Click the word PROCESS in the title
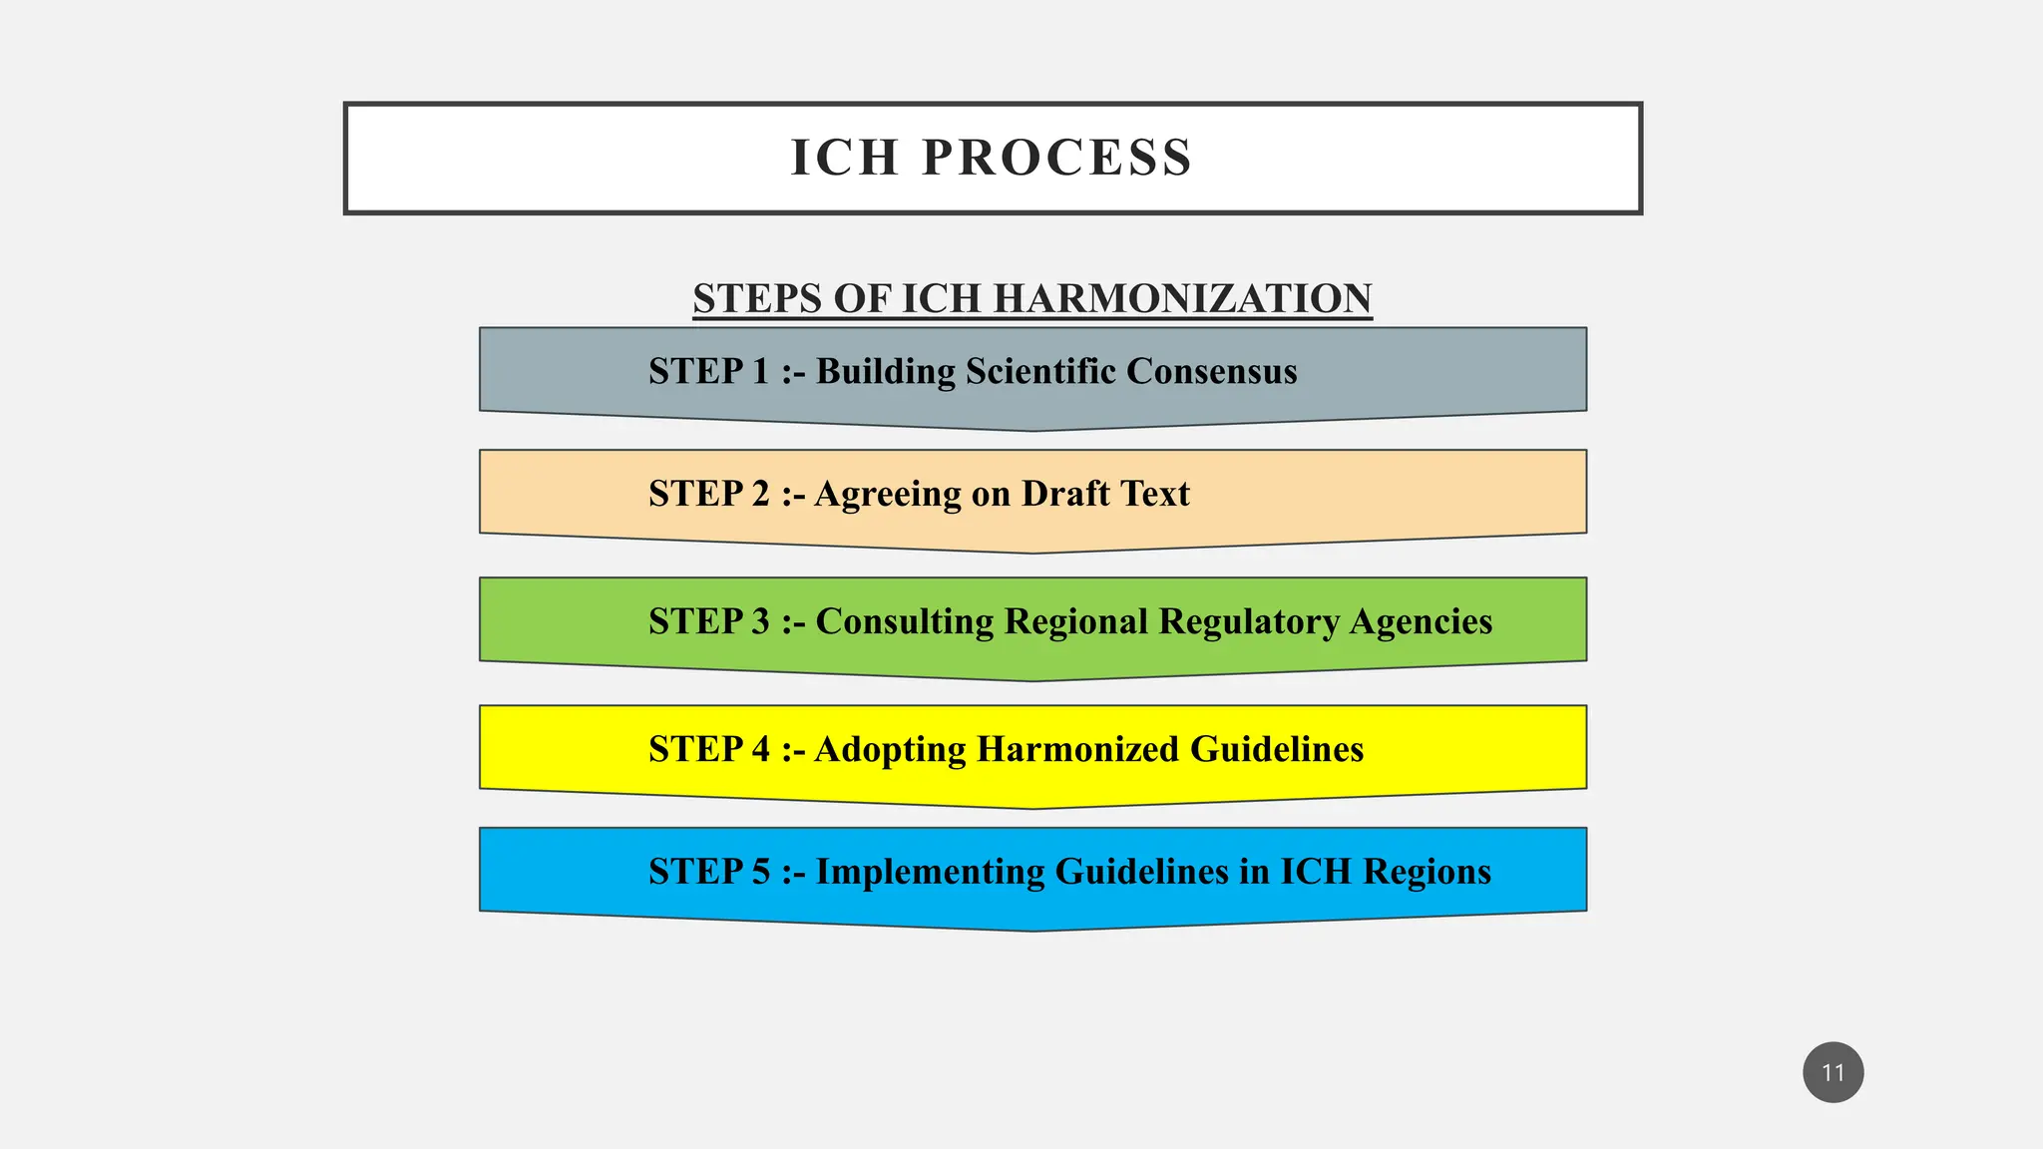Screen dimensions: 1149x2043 click(1056, 158)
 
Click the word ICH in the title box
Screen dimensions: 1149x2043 click(845, 158)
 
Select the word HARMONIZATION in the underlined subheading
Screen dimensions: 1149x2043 click(1182, 298)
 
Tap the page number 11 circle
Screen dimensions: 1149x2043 click(1833, 1072)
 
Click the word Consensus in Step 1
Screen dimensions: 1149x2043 click(1211, 371)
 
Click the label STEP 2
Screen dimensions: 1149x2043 click(709, 494)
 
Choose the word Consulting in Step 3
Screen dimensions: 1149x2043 click(905, 621)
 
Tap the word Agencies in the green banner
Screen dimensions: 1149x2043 click(1421, 621)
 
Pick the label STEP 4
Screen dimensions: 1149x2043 click(709, 749)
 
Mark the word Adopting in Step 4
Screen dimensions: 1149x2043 click(890, 749)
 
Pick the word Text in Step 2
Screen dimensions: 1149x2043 click(1155, 494)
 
